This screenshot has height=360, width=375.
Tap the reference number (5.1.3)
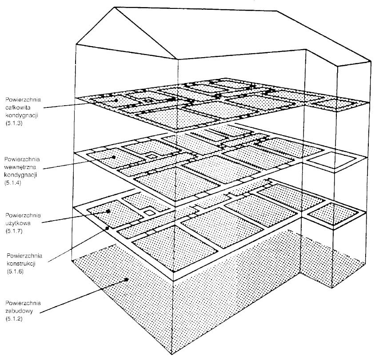tap(14, 123)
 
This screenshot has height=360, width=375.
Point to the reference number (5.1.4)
tap(13, 183)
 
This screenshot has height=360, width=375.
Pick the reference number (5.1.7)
tap(14, 231)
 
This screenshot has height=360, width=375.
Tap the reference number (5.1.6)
tap(15, 272)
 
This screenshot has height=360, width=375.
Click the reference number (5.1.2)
tap(14, 319)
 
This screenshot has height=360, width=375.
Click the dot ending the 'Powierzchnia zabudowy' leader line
tap(127, 279)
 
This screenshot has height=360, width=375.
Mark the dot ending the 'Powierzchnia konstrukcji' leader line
tap(107, 228)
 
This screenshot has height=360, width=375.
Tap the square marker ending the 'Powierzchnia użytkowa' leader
tap(108, 211)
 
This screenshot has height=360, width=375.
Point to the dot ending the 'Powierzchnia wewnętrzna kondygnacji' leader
tap(114, 158)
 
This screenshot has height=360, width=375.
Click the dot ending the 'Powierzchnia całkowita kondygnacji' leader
tap(116, 100)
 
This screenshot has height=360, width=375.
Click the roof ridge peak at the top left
tap(115, 7)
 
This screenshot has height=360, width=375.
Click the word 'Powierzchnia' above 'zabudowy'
tap(23, 303)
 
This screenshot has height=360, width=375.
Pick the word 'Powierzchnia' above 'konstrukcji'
tap(24, 256)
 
